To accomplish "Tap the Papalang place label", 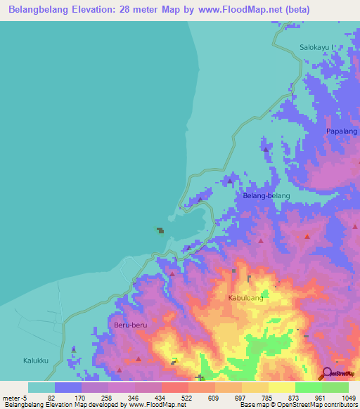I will (x=342, y=131).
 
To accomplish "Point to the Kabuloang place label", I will (x=246, y=298).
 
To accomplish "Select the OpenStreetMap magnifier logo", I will (x=326, y=373).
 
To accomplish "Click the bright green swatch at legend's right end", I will (x=335, y=387).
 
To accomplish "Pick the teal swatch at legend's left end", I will (x=41, y=387).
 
